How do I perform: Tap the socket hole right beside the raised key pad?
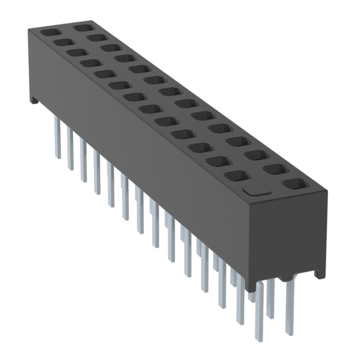[x=293, y=183]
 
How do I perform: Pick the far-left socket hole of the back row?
[x=82, y=27]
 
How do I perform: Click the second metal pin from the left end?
[x=70, y=147]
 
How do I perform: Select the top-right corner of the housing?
[x=327, y=192]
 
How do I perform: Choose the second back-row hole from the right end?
[x=274, y=168]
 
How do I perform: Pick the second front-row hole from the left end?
[x=62, y=42]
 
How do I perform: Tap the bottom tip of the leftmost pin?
[x=57, y=157]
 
